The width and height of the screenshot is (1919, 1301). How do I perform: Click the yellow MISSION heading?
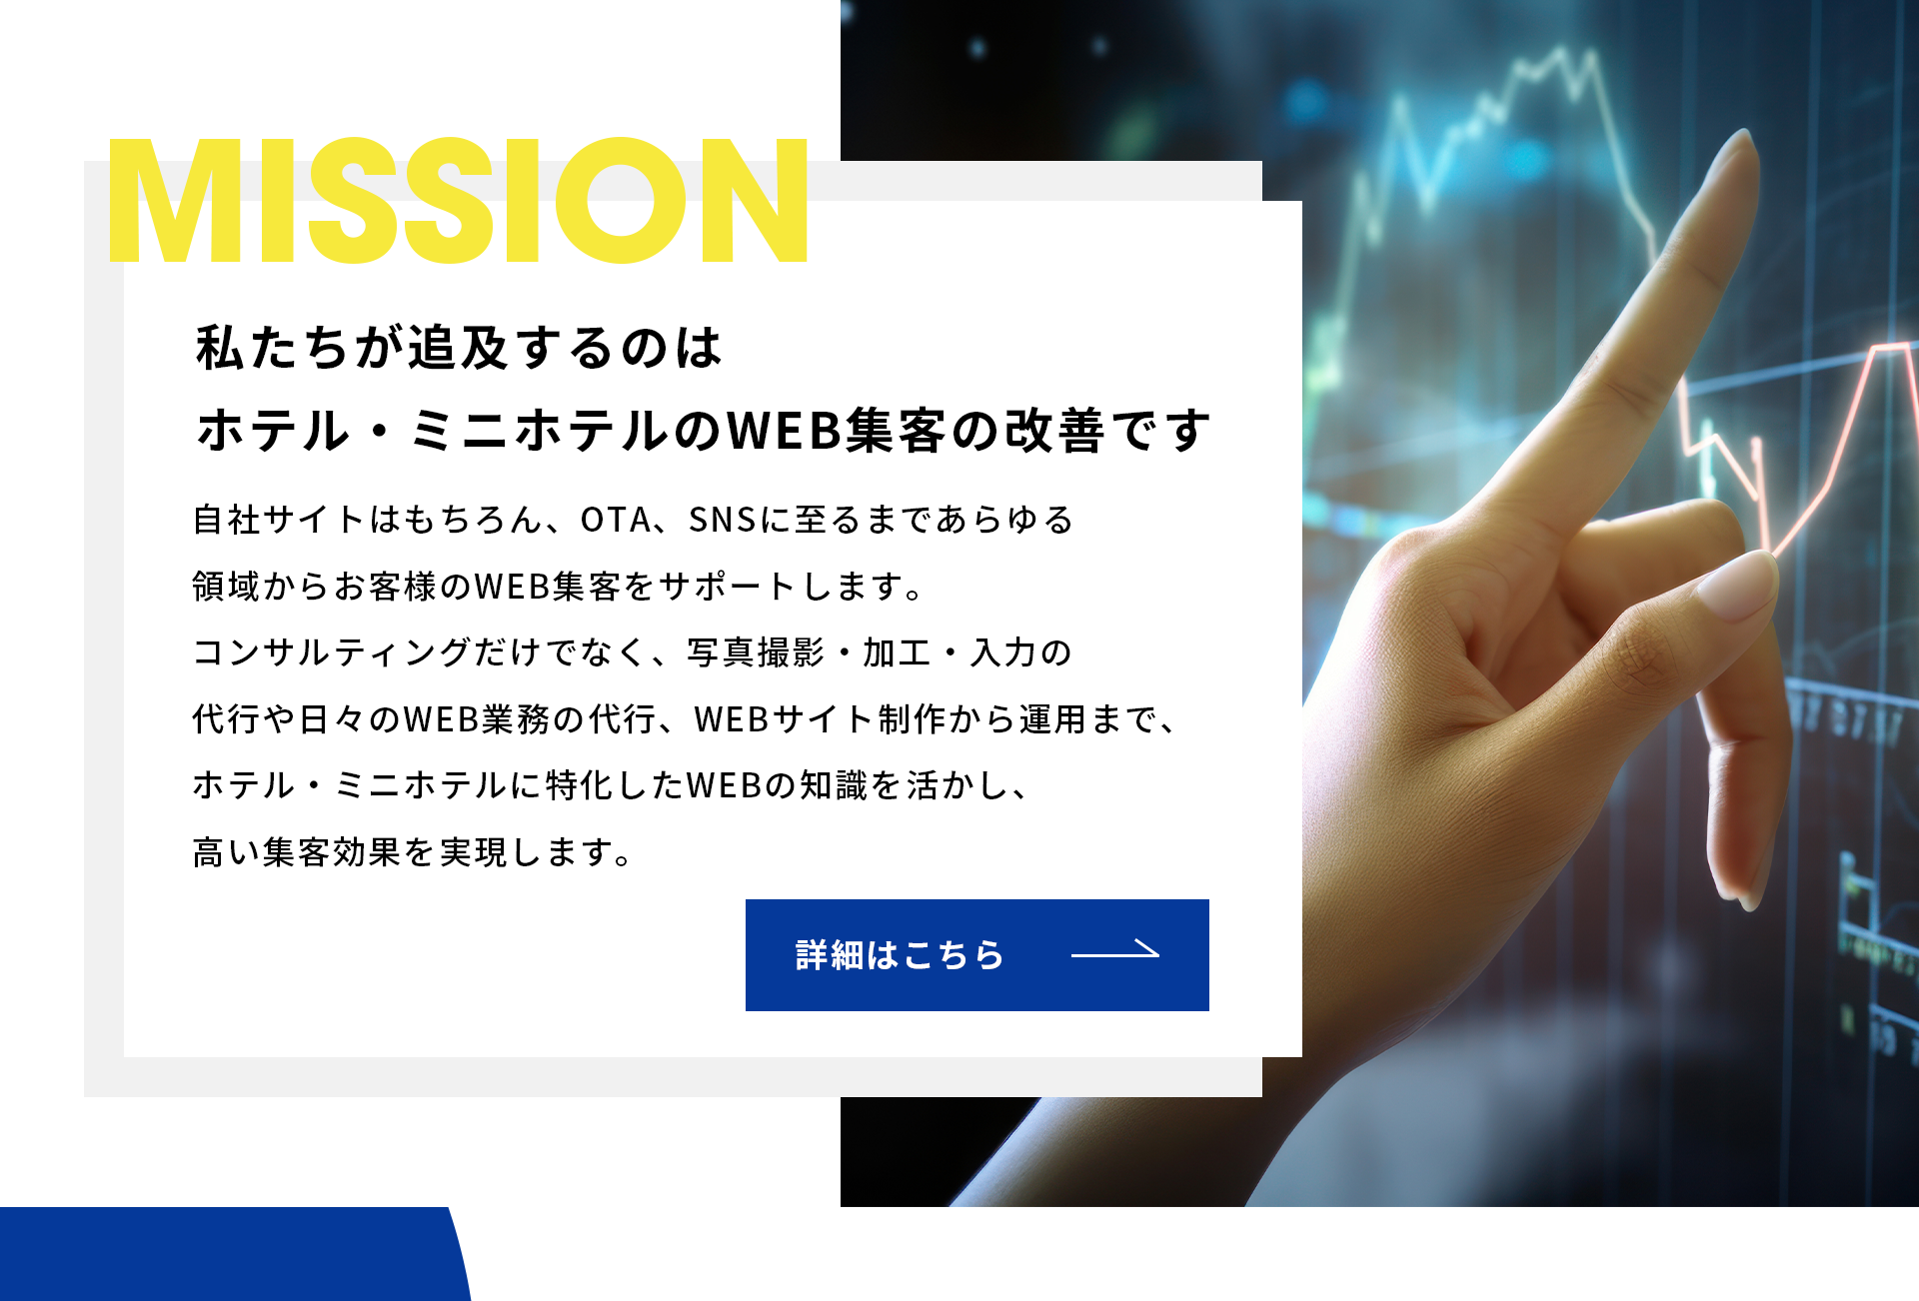tap(458, 200)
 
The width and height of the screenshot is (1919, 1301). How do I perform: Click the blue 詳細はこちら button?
tap(976, 954)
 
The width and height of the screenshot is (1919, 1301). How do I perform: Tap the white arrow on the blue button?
tap(1115, 950)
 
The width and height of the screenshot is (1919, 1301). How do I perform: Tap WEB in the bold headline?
tap(783, 431)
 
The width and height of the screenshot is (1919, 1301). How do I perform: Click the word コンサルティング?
tap(331, 652)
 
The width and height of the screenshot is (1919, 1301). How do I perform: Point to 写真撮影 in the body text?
tap(756, 652)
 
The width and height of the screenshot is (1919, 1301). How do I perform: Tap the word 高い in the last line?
tap(226, 852)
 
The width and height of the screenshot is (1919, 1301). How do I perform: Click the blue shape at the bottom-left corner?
tap(230, 1254)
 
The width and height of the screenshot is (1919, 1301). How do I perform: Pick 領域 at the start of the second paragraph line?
tap(227, 587)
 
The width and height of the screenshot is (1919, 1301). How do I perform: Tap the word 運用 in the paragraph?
tap(1051, 719)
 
